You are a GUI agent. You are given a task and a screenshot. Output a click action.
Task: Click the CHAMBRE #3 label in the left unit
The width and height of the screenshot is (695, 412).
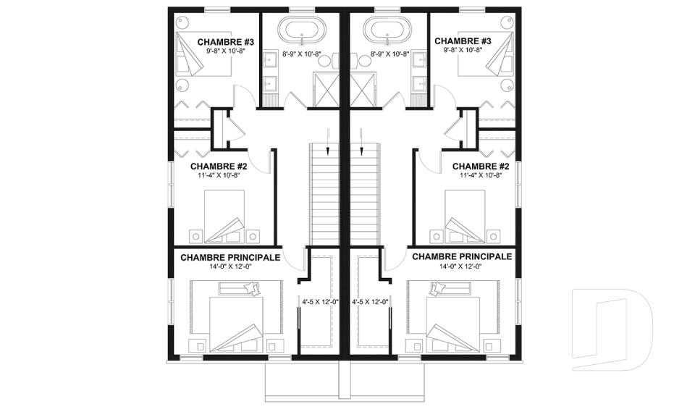click(226, 42)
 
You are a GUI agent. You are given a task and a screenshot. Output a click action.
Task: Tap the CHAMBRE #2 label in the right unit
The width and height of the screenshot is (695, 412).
click(481, 167)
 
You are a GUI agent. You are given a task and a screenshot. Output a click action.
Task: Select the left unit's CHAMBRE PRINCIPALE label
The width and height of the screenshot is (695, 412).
click(230, 257)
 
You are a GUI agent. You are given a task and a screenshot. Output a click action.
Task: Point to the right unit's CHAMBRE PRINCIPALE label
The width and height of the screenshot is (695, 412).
click(462, 257)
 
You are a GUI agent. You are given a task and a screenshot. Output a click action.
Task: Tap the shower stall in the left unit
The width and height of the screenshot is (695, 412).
click(327, 90)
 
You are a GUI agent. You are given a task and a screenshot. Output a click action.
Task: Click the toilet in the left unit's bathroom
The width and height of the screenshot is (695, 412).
click(329, 61)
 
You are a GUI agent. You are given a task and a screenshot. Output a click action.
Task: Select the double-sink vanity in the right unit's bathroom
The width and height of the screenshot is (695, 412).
click(420, 71)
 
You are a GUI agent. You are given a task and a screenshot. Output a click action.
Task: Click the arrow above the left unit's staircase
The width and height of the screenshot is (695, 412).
click(327, 141)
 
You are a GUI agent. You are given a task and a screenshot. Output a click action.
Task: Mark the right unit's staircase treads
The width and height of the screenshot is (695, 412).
click(365, 194)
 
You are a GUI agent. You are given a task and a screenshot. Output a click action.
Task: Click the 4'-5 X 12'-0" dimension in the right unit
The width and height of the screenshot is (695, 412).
click(370, 302)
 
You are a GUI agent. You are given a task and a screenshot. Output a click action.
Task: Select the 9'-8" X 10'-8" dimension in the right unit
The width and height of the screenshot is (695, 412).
click(463, 51)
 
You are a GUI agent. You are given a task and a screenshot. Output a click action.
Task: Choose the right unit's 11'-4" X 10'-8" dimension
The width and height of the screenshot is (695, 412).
click(480, 175)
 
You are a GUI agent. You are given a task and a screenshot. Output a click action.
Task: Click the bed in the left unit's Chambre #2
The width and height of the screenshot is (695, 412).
click(224, 216)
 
